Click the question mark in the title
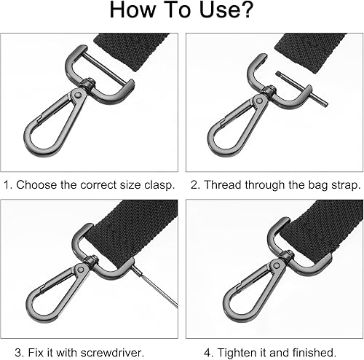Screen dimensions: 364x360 (245, 9)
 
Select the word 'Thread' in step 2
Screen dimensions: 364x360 (223, 185)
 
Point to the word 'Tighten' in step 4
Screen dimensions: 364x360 (235, 353)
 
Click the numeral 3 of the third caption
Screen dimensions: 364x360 (18, 352)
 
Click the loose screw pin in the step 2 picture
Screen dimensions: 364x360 (302, 89)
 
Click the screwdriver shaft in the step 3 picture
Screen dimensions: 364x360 (154, 287)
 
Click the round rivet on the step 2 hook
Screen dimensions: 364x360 (259, 101)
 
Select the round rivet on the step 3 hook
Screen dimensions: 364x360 (80, 270)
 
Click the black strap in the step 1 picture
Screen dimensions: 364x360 (132, 50)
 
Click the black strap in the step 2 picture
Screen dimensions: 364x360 (312, 51)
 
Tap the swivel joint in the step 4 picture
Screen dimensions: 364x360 (287, 256)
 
